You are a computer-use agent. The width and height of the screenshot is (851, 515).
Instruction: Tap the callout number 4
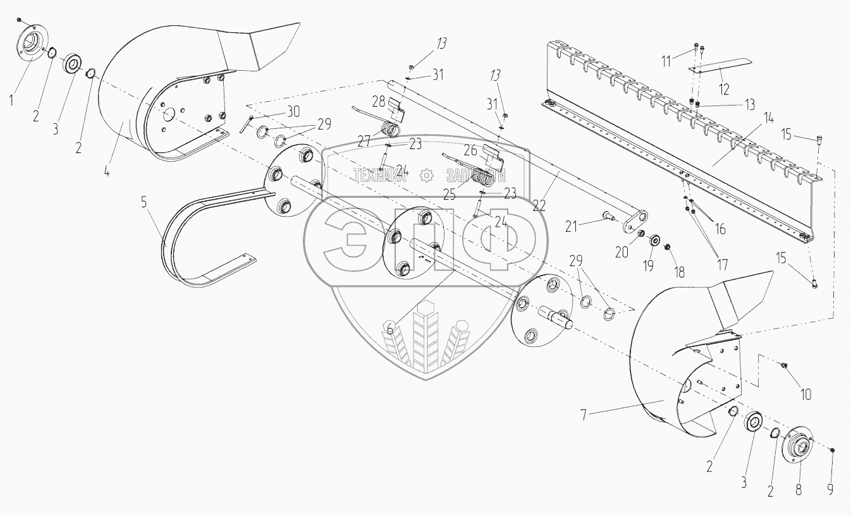coord(106,170)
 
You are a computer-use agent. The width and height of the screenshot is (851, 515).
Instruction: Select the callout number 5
coord(144,202)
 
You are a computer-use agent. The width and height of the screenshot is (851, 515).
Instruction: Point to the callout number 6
coord(390,327)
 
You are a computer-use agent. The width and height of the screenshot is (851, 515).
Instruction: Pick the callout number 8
coord(798,488)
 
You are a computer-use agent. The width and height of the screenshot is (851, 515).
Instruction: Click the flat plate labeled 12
coord(721,64)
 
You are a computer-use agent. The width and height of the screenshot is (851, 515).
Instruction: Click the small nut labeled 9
coord(832,450)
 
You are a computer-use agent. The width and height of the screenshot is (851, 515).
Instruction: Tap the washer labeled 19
coord(654,241)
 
